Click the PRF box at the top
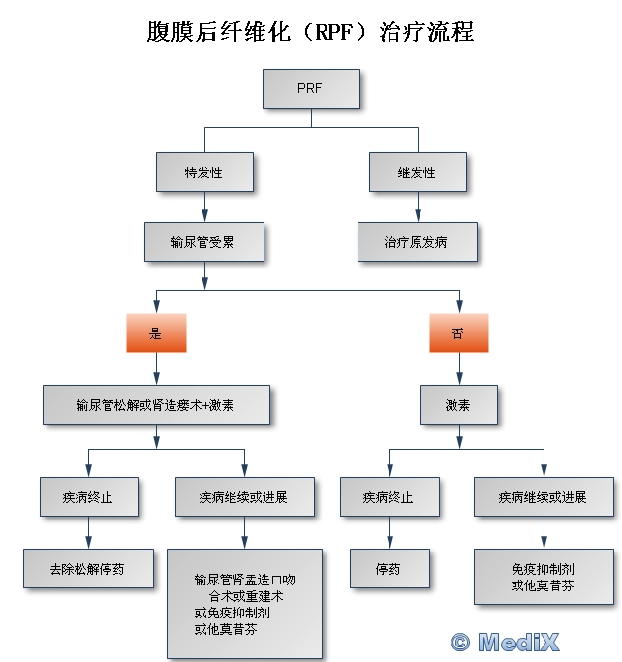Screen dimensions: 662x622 click(x=311, y=88)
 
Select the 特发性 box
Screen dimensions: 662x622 click(x=204, y=173)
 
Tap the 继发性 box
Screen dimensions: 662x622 click(x=418, y=173)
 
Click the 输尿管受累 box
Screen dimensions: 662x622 click(x=203, y=241)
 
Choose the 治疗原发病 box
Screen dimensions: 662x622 click(x=417, y=241)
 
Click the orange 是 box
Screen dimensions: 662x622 click(x=156, y=332)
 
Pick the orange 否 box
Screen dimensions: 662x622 click(x=458, y=332)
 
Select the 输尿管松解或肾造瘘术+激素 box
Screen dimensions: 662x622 click(x=156, y=404)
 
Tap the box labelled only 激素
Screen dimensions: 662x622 click(x=458, y=404)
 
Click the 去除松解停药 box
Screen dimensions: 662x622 click(x=88, y=568)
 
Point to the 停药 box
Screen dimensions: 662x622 click(x=389, y=568)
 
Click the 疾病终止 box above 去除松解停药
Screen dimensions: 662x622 click(x=88, y=497)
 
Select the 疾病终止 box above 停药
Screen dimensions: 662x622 click(x=389, y=497)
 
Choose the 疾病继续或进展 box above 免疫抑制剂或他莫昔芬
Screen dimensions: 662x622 click(x=543, y=497)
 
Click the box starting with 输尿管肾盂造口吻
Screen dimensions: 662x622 click(x=244, y=603)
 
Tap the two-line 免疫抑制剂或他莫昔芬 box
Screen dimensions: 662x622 click(x=543, y=577)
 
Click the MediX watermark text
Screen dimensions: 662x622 click(x=506, y=641)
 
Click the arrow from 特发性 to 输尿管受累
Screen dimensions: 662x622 click(x=204, y=207)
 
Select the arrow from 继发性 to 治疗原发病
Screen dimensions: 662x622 click(x=418, y=207)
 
